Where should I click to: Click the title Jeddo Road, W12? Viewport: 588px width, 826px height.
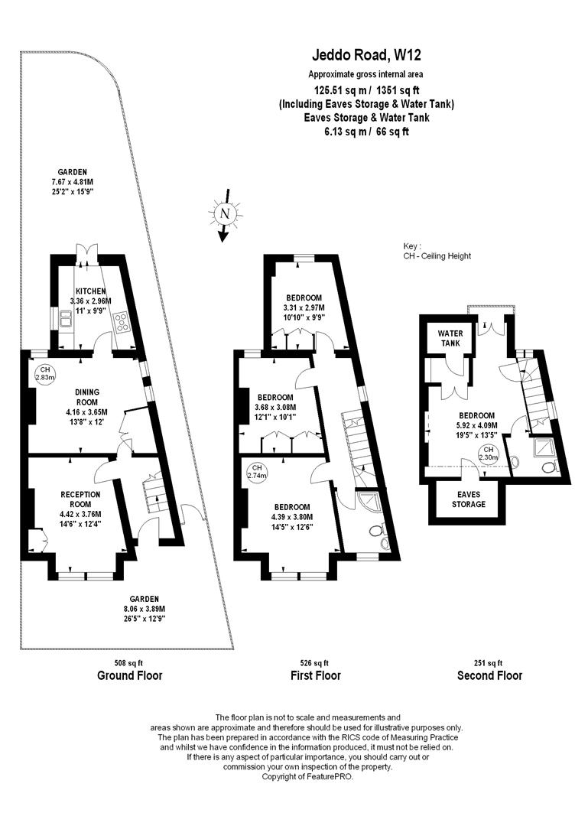click(367, 54)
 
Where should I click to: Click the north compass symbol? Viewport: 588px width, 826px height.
click(224, 214)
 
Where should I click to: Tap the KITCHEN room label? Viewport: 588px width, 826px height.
click(90, 291)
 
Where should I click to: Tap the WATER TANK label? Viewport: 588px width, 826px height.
click(446, 338)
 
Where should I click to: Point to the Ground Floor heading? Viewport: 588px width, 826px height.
click(129, 675)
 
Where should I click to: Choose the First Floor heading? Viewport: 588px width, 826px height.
click(315, 675)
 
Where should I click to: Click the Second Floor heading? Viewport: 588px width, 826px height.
click(489, 675)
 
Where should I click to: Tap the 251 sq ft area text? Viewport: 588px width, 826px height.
click(489, 662)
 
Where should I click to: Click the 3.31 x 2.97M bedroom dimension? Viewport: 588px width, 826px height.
click(304, 307)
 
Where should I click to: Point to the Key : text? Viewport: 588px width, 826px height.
click(413, 246)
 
